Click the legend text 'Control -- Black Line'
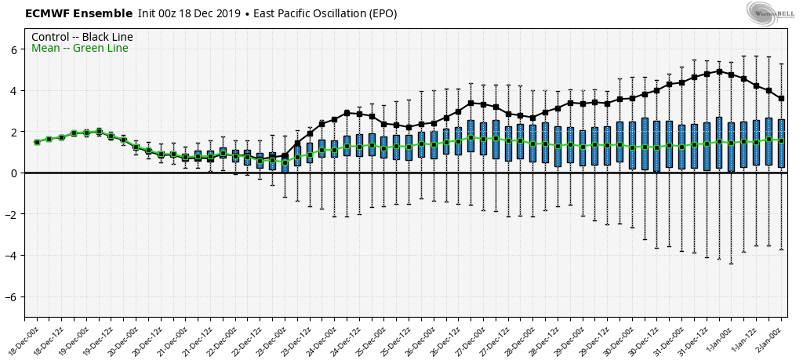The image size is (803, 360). click(x=82, y=37)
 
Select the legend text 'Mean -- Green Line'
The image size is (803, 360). click(x=79, y=49)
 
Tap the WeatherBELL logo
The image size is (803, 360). click(x=770, y=12)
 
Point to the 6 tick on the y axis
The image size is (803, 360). click(x=13, y=49)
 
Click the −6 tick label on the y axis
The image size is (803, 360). click(x=11, y=296)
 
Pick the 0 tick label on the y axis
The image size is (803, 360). click(x=13, y=173)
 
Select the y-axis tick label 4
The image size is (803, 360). click(x=13, y=91)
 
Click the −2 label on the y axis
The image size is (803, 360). click(x=11, y=214)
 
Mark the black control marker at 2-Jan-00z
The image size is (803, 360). click(x=782, y=98)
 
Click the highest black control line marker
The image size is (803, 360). click(x=719, y=71)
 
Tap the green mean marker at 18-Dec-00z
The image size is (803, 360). click(x=37, y=142)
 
